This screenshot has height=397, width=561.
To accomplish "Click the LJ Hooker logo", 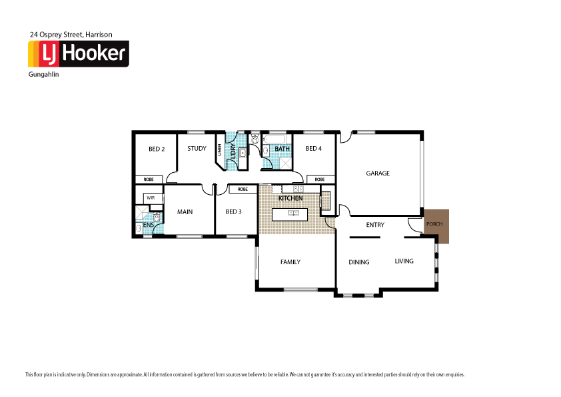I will click(x=78, y=53).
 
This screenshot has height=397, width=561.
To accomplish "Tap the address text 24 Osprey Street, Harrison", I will click(x=71, y=33).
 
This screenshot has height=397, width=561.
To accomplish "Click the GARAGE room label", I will click(x=378, y=173).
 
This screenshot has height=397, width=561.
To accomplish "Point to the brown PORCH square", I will click(x=434, y=225).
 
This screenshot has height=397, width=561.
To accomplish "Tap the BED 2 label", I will click(x=157, y=149).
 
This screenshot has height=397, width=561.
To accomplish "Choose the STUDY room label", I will click(x=197, y=148).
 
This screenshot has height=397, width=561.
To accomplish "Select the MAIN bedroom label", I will click(x=185, y=212).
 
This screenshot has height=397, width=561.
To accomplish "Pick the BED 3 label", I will click(x=233, y=212).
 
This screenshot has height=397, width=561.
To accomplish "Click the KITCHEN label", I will click(x=290, y=199).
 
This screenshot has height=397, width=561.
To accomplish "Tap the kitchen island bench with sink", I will click(x=290, y=214).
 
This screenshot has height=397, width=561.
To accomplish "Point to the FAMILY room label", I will click(x=290, y=262).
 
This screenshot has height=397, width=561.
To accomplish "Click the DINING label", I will click(x=358, y=262).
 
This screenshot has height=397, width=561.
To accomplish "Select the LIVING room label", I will click(x=404, y=261).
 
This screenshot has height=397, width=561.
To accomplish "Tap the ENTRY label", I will click(x=375, y=225).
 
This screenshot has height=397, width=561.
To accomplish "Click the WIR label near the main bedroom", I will click(x=151, y=198).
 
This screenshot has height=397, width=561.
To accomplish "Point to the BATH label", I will click(x=273, y=148).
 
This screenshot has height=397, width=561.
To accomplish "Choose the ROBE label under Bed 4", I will click(x=320, y=179).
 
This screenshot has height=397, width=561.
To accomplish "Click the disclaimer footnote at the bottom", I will click(x=245, y=374).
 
